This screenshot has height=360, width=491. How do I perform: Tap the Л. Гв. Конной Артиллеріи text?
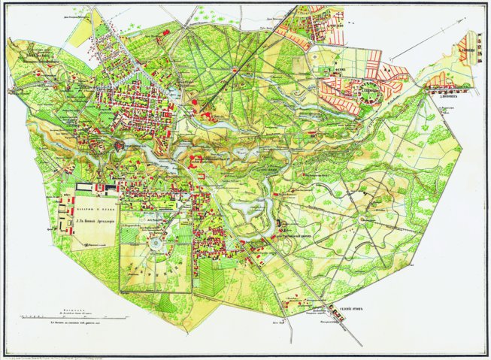[99, 222]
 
